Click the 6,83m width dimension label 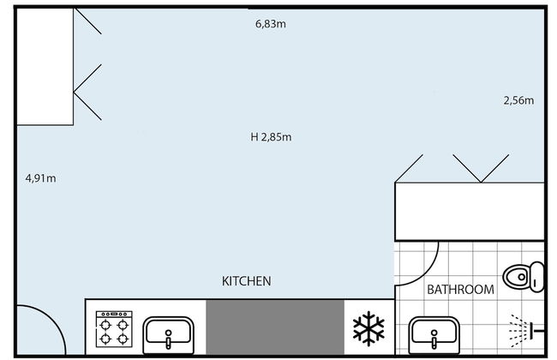[271, 24]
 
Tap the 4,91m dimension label [40, 178]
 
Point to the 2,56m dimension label [518, 100]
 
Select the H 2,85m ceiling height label [271, 137]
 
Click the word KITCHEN [246, 281]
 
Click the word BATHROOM [460, 290]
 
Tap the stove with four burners [114, 329]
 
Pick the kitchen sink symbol [168, 335]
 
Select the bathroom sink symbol [434, 335]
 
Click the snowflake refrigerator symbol [368, 328]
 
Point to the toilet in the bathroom [524, 277]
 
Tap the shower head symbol [526, 331]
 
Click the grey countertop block [275, 327]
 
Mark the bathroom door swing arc [430, 273]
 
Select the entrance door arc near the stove [54, 319]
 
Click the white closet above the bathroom [470, 212]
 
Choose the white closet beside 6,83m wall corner [45, 67]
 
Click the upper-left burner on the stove [105, 325]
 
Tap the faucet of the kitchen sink [168, 339]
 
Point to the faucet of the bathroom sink [434, 339]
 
